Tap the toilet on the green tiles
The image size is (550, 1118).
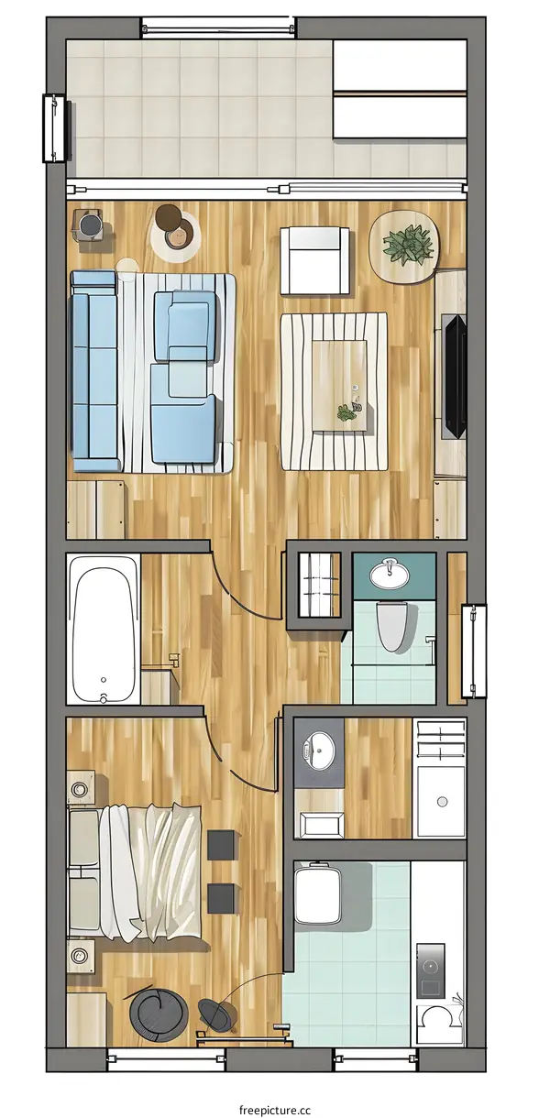point(393,626)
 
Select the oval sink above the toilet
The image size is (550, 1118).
point(391,575)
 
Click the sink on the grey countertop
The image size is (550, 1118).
point(320,751)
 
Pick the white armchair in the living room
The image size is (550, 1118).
point(314,260)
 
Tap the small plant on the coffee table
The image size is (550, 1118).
point(347,411)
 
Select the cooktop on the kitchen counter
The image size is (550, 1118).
point(429,970)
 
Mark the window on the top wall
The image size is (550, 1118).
point(218,27)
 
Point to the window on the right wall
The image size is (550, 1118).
point(473,650)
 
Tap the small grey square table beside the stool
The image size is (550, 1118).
point(90,225)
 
